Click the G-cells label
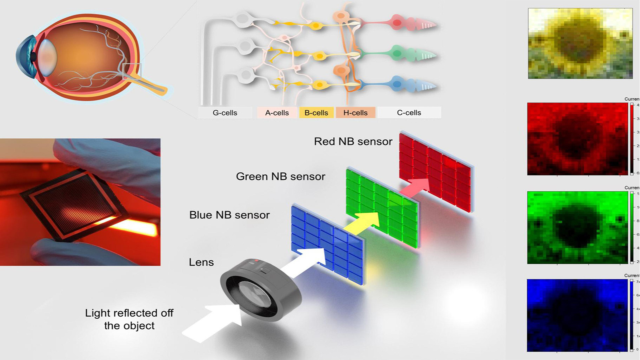225,113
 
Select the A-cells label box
277,113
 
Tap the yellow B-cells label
316,113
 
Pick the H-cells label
355,113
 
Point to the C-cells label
409,113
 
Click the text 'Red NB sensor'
353,141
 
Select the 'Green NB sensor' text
280,176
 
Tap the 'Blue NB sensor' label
229,215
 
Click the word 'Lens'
201,262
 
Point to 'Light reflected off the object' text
129,319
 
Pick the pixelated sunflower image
580,44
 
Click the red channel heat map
577,139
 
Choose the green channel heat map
577,228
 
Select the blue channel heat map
577,315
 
